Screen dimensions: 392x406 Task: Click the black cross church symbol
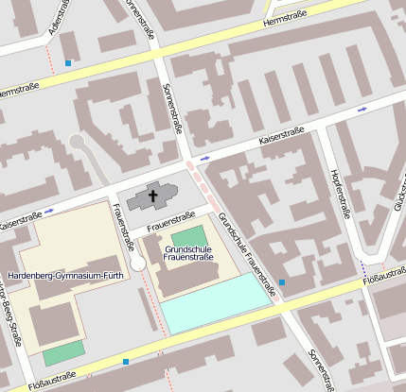(152, 196)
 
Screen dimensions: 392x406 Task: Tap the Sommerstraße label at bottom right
(321, 369)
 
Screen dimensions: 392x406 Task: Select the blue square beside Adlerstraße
(68, 63)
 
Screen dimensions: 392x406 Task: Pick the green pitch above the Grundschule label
(187, 235)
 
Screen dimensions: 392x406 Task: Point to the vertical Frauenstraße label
(122, 227)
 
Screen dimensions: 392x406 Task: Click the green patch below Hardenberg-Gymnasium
(63, 353)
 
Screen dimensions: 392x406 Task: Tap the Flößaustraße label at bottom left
(52, 383)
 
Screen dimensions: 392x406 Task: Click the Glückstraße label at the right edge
(397, 194)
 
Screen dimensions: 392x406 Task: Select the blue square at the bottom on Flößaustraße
(125, 361)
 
